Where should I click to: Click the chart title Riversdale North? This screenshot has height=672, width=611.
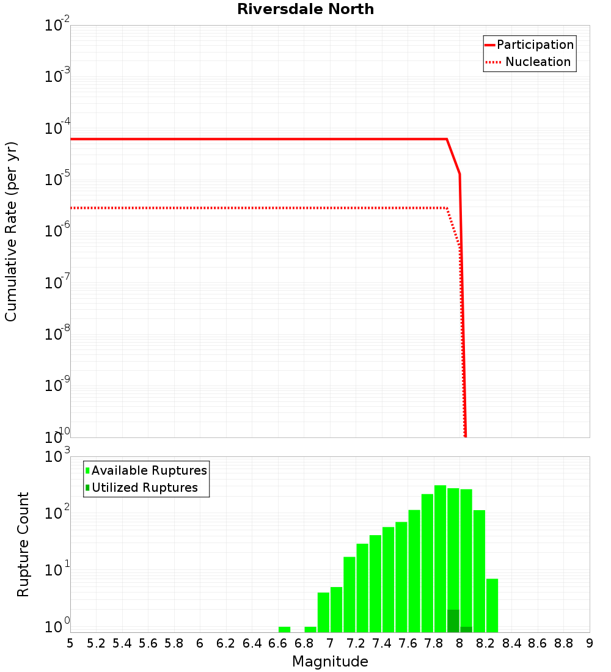click(305, 9)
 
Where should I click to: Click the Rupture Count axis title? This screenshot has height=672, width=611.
click(23, 544)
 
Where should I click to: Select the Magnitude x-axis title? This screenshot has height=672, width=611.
click(330, 662)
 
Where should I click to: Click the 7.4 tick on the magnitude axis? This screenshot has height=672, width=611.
click(382, 643)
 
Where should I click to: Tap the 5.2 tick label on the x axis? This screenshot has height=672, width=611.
click(96, 643)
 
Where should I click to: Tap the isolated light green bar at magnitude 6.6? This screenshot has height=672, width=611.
click(284, 629)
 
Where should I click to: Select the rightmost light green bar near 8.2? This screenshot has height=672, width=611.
click(492, 605)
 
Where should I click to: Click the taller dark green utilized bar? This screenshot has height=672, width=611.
click(453, 621)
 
